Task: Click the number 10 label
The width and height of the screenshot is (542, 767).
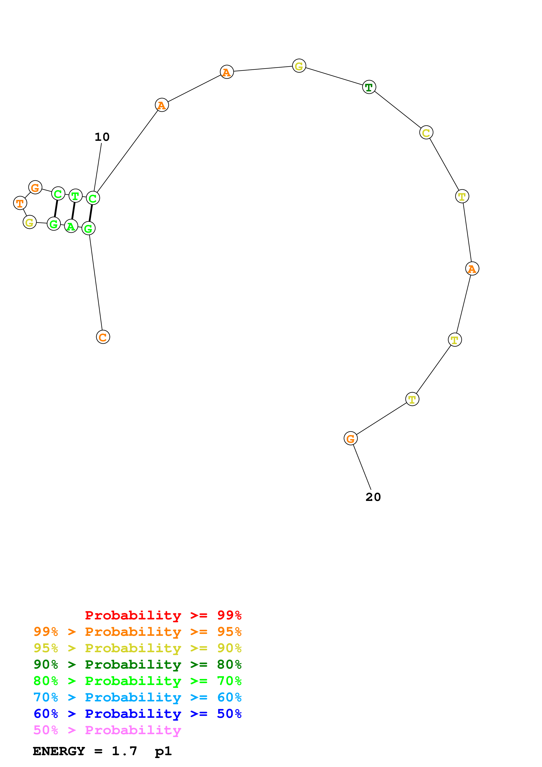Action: point(102,137)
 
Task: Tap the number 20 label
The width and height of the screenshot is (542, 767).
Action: point(373,497)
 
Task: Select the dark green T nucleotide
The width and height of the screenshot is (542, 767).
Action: point(369,87)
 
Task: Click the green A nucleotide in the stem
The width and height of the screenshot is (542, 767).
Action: point(71,226)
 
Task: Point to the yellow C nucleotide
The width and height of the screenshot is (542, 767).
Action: point(426,133)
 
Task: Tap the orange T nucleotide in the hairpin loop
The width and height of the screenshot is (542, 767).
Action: point(20,203)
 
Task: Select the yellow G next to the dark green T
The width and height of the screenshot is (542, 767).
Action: point(299,66)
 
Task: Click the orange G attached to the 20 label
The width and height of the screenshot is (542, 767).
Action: point(350,438)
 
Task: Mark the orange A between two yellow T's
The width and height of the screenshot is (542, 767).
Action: point(472,268)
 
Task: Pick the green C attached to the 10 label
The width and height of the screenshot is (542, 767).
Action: point(93,198)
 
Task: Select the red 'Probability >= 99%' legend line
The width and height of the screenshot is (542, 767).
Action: point(163,615)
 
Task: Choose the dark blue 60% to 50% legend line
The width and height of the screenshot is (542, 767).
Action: point(137,714)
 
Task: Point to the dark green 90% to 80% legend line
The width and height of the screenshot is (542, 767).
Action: point(137,664)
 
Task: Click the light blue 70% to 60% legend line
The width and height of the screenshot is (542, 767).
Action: point(137,697)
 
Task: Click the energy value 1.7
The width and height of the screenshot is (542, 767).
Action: point(124,751)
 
